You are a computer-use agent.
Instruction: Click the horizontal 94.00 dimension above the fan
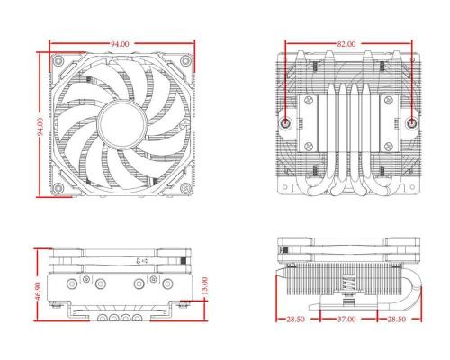[x=120, y=44]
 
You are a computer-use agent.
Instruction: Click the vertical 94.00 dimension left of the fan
[x=40, y=127]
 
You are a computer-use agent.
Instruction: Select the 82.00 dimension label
[x=346, y=44]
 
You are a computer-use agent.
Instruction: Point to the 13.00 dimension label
[x=204, y=285]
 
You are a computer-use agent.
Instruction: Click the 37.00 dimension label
[x=346, y=319]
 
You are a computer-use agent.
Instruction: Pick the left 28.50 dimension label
[x=295, y=319]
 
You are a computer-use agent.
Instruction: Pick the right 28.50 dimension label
[x=397, y=319]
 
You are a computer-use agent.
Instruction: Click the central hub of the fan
[x=122, y=124]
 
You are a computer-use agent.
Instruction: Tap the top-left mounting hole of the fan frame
[x=58, y=61]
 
